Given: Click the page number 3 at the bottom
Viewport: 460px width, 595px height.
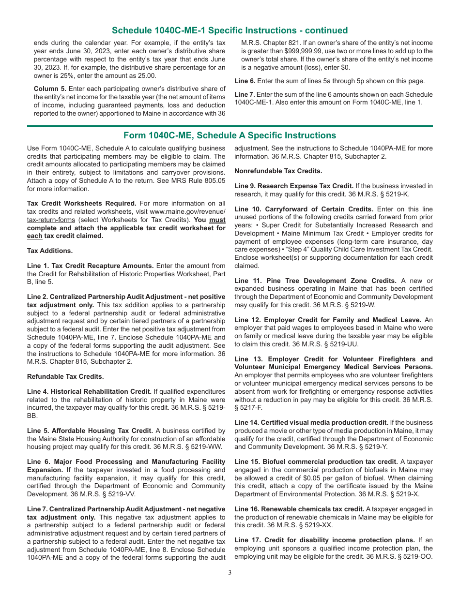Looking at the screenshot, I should click(230, 573).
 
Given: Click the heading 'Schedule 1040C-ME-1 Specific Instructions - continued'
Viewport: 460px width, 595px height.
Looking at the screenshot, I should click(230, 30).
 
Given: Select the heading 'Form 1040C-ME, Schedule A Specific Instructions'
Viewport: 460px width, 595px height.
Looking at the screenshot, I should click(230, 135).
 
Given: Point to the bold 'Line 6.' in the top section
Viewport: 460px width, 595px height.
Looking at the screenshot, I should click(245, 81).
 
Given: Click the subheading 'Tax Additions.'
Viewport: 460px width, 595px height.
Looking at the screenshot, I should click(50, 251).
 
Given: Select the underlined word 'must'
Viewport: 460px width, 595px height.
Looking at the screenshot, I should click(217, 220).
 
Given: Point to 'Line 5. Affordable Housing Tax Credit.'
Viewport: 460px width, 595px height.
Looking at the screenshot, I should click(90, 431).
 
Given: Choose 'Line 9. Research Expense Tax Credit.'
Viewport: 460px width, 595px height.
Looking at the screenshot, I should click(294, 186).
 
